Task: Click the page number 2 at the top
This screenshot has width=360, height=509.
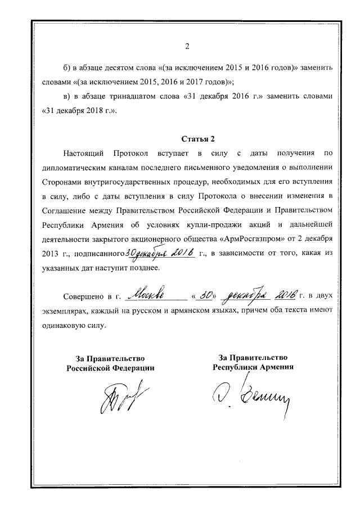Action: coord(187,46)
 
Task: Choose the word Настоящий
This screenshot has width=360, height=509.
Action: coord(85,153)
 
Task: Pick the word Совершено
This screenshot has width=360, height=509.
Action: coord(84,295)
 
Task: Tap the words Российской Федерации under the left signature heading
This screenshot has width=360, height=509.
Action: coord(110,367)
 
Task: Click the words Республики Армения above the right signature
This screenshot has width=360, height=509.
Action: coord(253,367)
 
